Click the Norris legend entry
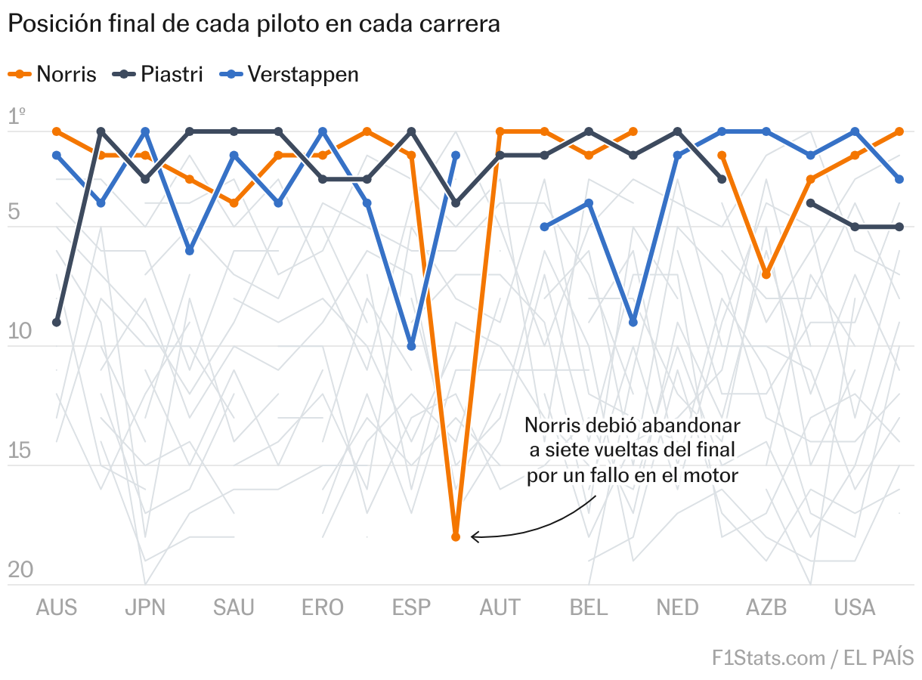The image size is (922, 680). [x=53, y=74]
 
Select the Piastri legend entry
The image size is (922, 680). [x=159, y=74]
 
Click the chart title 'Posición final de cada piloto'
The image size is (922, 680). [x=254, y=24]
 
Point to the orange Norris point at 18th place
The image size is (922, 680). [x=456, y=537]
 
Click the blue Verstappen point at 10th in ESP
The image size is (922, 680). [x=411, y=346]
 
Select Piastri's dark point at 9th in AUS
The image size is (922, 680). [x=57, y=323]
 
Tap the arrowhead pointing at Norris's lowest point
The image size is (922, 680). [x=474, y=537]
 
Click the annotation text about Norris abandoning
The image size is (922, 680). [x=632, y=450]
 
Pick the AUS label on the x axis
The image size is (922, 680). [x=57, y=607]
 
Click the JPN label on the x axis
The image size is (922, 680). [x=145, y=607]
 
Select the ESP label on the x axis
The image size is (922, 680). [x=411, y=607]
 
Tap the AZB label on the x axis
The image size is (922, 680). [x=766, y=607]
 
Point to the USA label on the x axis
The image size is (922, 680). [x=855, y=607]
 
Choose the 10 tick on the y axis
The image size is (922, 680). [x=20, y=332]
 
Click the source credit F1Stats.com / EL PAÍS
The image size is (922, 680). [x=812, y=657]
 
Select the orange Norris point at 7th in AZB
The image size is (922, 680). [x=766, y=274]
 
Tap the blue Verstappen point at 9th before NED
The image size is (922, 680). [x=633, y=323]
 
